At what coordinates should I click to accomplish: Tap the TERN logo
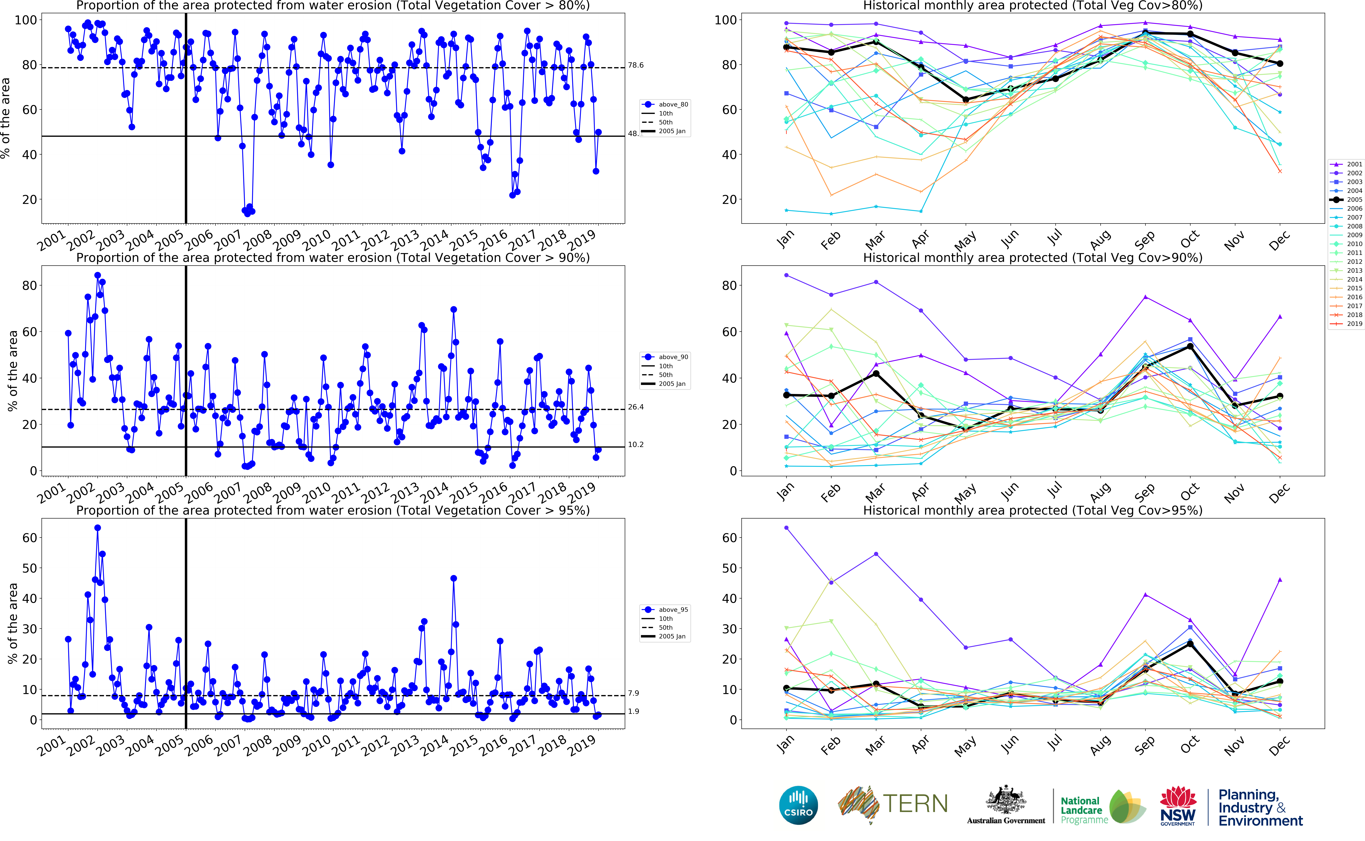(x=892, y=804)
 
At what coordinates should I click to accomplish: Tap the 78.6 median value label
(x=636, y=65)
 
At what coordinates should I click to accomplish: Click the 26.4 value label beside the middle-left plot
(x=636, y=407)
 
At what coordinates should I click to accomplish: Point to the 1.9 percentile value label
(x=633, y=711)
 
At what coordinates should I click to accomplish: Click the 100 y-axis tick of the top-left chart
(x=26, y=20)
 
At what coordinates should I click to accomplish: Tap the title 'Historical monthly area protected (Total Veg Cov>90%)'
(x=1033, y=258)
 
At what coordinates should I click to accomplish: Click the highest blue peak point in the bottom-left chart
(x=97, y=528)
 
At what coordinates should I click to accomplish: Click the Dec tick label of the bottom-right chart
(x=1279, y=745)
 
